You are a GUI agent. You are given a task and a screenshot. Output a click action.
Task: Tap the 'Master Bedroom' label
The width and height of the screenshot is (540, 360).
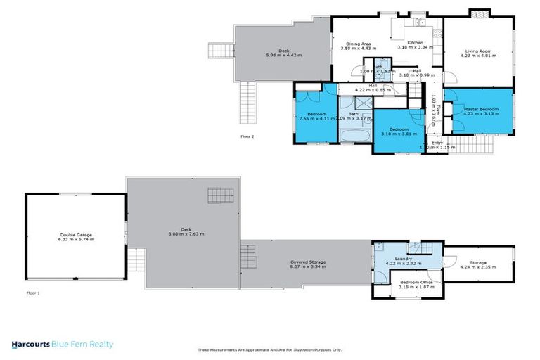[x=481, y=109]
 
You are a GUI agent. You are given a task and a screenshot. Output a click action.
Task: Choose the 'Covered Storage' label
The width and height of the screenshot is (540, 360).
[x=308, y=262]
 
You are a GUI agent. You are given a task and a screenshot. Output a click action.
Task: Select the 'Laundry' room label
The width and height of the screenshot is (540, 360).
[x=403, y=258]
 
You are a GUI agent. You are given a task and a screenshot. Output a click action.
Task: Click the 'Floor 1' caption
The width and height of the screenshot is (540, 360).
[x=32, y=292]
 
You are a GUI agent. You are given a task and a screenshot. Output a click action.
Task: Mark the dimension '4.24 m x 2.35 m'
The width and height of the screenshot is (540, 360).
[x=478, y=266]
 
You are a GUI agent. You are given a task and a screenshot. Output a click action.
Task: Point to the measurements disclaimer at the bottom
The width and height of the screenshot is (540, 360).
[x=269, y=349]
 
